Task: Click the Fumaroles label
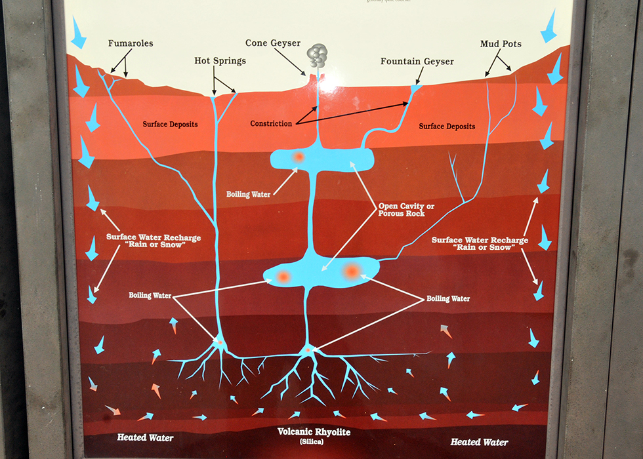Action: point(131,44)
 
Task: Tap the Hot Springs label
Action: point(220,61)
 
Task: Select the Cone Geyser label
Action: point(273,43)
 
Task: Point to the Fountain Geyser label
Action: point(417,62)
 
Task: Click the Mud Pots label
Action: point(501,44)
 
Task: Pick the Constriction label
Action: point(271,123)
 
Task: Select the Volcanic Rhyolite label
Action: point(314,432)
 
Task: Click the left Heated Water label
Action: point(146,437)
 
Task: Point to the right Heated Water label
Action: point(479,442)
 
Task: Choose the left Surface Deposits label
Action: point(170,123)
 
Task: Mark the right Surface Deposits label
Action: point(447,126)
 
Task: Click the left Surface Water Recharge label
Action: point(153,241)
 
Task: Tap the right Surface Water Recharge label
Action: point(479,244)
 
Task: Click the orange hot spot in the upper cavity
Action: point(298,157)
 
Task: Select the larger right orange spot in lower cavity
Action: point(351,270)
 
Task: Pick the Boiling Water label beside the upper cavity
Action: point(248,194)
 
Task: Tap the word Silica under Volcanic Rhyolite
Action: point(314,443)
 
